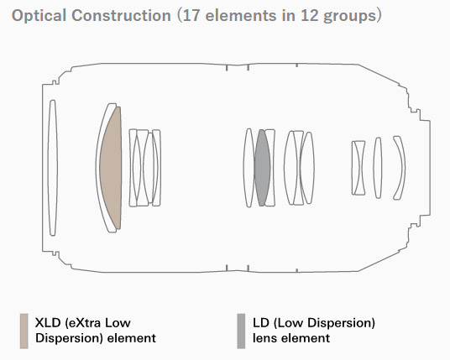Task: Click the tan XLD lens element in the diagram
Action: click(112, 168)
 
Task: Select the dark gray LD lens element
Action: click(262, 168)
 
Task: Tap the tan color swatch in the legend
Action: click(24, 331)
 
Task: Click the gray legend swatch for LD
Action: click(241, 331)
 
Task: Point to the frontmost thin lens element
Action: click(52, 168)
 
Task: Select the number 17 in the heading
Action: click(191, 15)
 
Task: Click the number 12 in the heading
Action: click(309, 15)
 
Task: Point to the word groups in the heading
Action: click(349, 17)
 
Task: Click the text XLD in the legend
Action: click(48, 323)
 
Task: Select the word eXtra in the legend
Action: click(83, 323)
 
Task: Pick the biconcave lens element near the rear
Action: click(358, 168)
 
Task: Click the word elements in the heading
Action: click(240, 15)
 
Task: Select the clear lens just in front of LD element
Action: click(249, 168)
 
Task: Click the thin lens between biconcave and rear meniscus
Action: click(378, 168)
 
